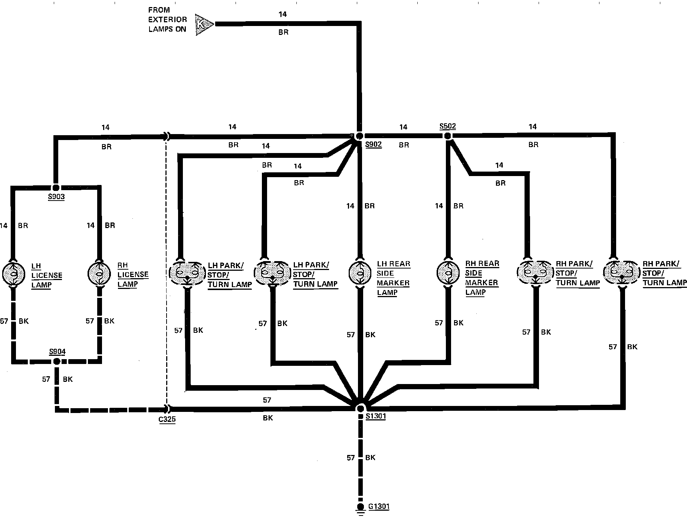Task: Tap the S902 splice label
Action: click(x=373, y=144)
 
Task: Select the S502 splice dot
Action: click(x=447, y=136)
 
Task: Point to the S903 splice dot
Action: click(x=56, y=187)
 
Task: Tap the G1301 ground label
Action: click(x=379, y=506)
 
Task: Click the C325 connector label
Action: click(x=167, y=420)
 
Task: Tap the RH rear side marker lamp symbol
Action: click(x=448, y=273)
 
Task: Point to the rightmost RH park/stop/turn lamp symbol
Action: click(x=622, y=273)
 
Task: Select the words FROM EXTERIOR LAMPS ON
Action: click(x=167, y=20)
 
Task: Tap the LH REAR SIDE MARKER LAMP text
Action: click(x=393, y=278)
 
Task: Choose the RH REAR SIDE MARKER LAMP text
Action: click(x=482, y=278)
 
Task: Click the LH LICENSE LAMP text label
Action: click(x=46, y=276)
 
